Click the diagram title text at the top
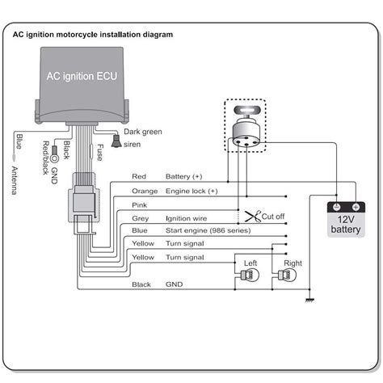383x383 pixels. pyautogui.click(x=92, y=35)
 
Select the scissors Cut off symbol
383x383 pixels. pyautogui.click(x=250, y=217)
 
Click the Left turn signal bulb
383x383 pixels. pyautogui.click(x=249, y=275)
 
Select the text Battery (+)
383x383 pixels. pyautogui.click(x=184, y=175)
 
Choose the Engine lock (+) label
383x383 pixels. pyautogui.click(x=191, y=191)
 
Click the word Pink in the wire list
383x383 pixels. pyautogui.click(x=139, y=204)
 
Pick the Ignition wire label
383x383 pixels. pyautogui.click(x=187, y=218)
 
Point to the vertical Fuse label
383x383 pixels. pyautogui.click(x=99, y=151)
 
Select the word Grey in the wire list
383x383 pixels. pyautogui.click(x=139, y=218)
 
